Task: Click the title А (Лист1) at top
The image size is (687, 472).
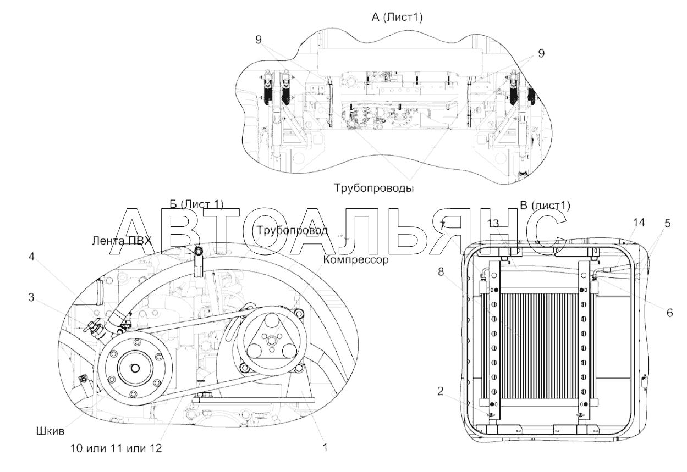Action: click(x=397, y=18)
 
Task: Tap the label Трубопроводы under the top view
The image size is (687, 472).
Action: click(x=373, y=188)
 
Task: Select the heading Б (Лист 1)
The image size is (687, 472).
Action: click(x=196, y=204)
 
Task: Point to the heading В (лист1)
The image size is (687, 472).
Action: click(x=545, y=205)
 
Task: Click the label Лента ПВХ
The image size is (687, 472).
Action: click(x=122, y=241)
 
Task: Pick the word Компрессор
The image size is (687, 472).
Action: click(x=356, y=260)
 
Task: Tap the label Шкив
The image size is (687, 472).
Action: click(x=50, y=431)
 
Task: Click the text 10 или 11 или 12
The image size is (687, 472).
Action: click(x=116, y=448)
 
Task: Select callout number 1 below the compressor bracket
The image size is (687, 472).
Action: click(x=325, y=447)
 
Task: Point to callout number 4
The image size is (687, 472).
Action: click(x=31, y=257)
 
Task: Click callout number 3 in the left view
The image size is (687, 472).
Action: click(x=31, y=297)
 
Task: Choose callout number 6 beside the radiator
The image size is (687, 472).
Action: click(x=669, y=313)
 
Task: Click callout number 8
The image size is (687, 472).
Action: click(x=441, y=271)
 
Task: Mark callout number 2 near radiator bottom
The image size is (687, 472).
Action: click(x=441, y=391)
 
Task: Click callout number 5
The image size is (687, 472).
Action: click(x=668, y=224)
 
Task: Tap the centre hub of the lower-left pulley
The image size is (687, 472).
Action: click(x=134, y=369)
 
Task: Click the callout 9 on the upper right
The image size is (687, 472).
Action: click(x=541, y=53)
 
